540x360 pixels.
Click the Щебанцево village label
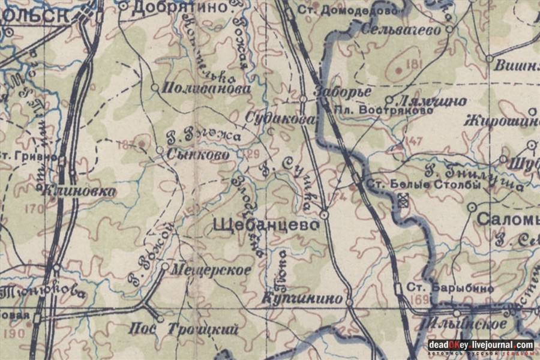(x=265, y=225)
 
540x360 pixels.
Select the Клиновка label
(x=79, y=191)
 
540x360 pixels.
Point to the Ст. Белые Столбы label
(x=424, y=184)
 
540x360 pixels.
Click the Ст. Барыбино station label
(x=450, y=288)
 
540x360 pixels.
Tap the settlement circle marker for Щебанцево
(x=325, y=214)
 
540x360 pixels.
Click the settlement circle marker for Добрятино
(x=123, y=6)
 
